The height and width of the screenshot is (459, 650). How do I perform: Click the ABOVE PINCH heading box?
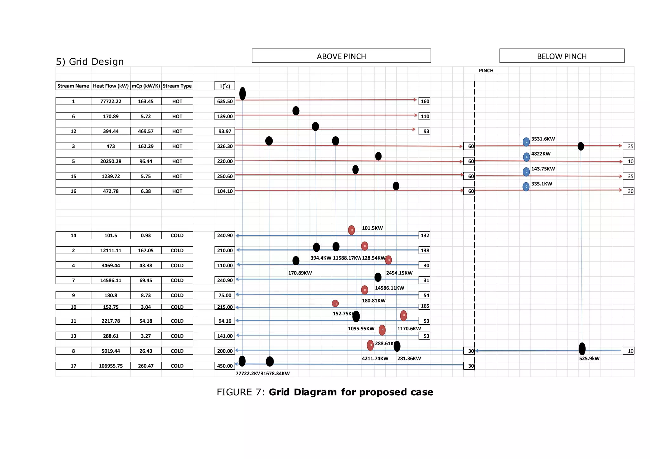[341, 56]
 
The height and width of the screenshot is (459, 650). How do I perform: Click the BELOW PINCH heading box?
[561, 56]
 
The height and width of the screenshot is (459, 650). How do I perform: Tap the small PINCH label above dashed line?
[486, 71]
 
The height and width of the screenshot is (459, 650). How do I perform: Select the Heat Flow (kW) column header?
[110, 86]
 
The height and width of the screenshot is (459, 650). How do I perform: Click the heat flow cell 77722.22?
[110, 101]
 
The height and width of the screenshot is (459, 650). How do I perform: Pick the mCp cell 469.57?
[146, 131]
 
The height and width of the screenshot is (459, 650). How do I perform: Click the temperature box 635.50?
[225, 101]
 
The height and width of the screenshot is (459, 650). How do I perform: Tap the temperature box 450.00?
[225, 366]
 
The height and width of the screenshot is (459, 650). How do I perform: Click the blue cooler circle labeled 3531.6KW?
[526, 142]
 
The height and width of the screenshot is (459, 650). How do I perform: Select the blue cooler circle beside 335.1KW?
[526, 186]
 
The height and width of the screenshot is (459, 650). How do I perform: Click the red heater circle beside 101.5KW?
[351, 230]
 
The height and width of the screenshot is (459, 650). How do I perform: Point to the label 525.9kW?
[589, 359]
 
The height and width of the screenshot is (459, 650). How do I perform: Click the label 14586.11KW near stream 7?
[389, 288]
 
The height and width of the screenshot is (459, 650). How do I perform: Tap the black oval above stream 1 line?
[242, 94]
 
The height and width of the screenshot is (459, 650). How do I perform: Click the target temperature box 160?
[425, 101]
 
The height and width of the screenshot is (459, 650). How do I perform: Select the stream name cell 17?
[73, 366]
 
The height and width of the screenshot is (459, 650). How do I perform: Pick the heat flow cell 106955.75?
[110, 366]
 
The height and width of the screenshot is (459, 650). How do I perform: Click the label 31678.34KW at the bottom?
[275, 373]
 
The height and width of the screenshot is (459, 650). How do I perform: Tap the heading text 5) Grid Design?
[90, 61]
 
